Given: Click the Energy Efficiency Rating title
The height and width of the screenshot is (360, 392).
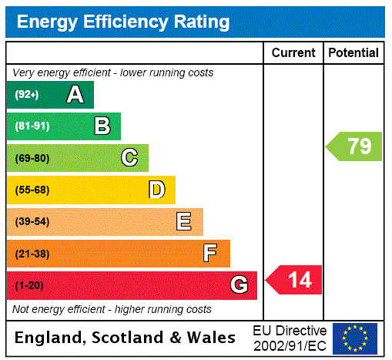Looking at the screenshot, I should coord(123,22).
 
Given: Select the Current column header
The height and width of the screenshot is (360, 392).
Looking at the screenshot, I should coord(293,52).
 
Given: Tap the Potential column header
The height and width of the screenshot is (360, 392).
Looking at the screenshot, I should coord(353,52).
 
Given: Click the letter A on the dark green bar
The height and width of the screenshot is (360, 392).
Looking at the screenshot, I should coord(75,95).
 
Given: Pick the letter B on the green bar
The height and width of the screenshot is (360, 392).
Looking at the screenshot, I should coord(102,126).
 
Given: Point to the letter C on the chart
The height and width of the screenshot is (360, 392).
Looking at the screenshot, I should coord(129,158).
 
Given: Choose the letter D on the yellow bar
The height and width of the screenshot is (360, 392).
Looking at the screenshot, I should coord(156,190).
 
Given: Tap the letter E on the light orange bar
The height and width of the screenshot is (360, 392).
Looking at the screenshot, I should coord(184,222).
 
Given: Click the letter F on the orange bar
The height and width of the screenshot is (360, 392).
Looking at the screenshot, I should coord(209,254).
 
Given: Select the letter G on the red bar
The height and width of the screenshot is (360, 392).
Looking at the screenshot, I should coord(239,285).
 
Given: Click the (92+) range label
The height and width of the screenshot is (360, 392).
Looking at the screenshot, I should coord(27,95).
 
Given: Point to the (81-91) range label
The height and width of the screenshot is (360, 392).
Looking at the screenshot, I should coord(32,126).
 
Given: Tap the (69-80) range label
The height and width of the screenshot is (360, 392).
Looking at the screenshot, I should coord(32,158).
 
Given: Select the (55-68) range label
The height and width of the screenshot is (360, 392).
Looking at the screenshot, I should coord(32,190).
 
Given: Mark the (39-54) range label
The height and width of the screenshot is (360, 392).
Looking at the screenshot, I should coord(32,222).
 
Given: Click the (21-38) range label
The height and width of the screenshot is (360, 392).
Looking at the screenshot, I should coord(32,254).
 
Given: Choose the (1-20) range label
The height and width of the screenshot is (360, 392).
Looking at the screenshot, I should coord(29,285).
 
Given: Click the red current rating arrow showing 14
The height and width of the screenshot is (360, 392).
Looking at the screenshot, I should coord(294,279).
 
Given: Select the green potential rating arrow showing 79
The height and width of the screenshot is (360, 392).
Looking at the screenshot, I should coord(354,146).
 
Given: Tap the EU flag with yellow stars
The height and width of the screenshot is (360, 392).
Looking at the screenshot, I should coord(355,338).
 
